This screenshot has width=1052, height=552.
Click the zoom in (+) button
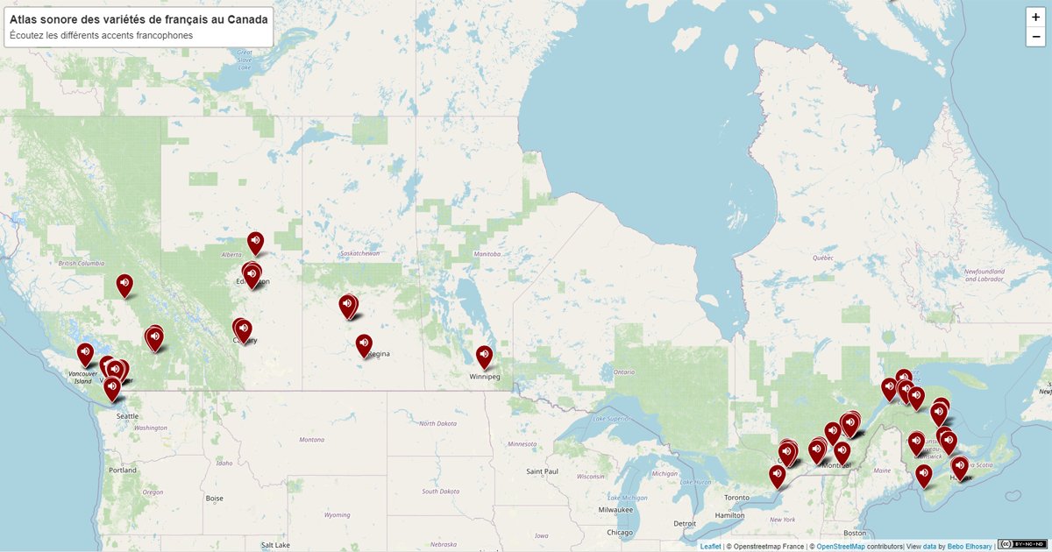(x=1035, y=17)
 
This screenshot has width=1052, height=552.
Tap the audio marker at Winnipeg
(x=485, y=356)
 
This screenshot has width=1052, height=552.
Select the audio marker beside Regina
(x=364, y=344)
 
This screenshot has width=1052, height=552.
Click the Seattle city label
(x=127, y=415)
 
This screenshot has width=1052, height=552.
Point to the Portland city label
(x=123, y=470)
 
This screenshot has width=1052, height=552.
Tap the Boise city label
(x=214, y=498)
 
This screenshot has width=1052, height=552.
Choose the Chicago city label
(x=620, y=532)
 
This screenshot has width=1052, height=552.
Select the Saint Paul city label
(x=542, y=471)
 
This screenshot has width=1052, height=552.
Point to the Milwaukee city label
(x=616, y=509)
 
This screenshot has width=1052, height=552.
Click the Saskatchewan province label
(x=359, y=253)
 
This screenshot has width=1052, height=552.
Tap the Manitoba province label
(x=487, y=254)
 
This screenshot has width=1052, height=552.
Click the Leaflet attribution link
(x=710, y=546)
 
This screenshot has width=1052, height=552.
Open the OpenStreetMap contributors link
(x=840, y=546)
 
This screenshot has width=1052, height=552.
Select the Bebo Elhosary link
(x=968, y=546)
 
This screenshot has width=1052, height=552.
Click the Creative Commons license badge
(x=1021, y=545)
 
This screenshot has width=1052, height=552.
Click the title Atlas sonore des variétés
(x=139, y=18)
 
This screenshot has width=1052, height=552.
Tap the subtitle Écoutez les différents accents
(x=101, y=36)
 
